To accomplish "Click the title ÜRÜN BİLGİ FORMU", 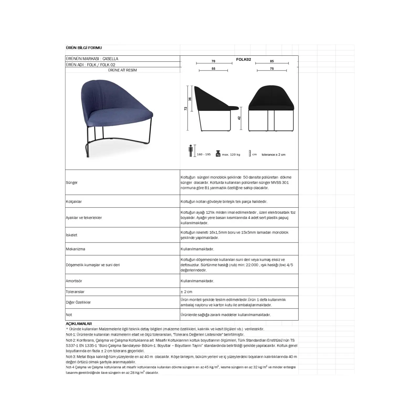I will tap(84, 48).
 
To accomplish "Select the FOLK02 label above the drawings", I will tap(243, 60).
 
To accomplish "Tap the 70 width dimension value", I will tap(213, 61).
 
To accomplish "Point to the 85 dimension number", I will tap(272, 61).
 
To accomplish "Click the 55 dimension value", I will tap(213, 69).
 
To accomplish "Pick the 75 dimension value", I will tap(272, 69).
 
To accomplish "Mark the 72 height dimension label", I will tap(186, 108).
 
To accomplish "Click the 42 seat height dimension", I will tap(239, 118).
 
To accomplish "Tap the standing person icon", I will tap(191, 151).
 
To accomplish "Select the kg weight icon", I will tap(218, 154).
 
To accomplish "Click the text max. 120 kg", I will tap(231, 155).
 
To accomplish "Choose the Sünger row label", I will tap(72, 183).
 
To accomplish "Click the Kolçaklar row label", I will tap(74, 202).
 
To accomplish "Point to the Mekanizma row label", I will tap(75, 249).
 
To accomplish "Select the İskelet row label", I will tap(71, 235).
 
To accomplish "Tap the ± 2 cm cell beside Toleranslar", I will tap(186, 292).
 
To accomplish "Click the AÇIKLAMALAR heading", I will tap(79, 324).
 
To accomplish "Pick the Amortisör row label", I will tap(74, 281).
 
